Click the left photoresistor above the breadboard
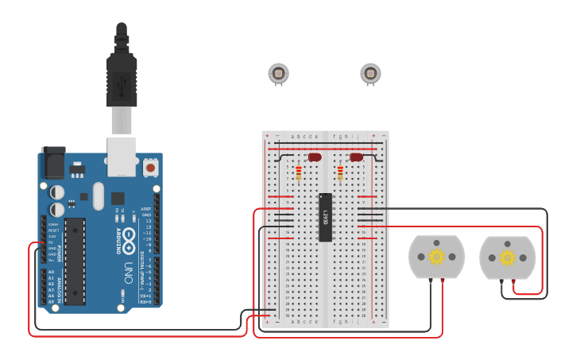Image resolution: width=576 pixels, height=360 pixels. click(278, 74)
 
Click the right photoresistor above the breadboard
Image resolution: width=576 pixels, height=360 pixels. click(370, 74)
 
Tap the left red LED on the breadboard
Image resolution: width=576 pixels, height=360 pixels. click(315, 157)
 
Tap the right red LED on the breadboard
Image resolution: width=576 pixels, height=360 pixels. click(356, 157)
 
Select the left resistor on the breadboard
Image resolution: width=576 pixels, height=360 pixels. click(299, 172)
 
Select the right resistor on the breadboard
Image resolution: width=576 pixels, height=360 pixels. click(340, 172)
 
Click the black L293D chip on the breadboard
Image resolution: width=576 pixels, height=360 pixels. click(325, 217)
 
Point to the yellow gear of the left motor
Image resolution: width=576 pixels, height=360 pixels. click(436, 257)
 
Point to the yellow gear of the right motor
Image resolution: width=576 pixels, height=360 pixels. click(507, 257)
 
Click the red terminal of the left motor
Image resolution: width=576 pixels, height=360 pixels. click(443, 281)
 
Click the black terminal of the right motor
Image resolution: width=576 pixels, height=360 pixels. click(501, 281)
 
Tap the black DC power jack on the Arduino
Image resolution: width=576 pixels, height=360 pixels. click(52, 164)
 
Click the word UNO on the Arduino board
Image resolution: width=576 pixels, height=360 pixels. click(128, 275)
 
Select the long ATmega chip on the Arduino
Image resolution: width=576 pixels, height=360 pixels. click(75, 261)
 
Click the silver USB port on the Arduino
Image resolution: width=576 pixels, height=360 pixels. click(122, 156)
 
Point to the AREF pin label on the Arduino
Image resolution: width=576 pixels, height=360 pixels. click(146, 209)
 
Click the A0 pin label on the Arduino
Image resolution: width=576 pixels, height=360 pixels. click(51, 272)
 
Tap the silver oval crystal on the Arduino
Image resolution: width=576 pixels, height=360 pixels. click(98, 195)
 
